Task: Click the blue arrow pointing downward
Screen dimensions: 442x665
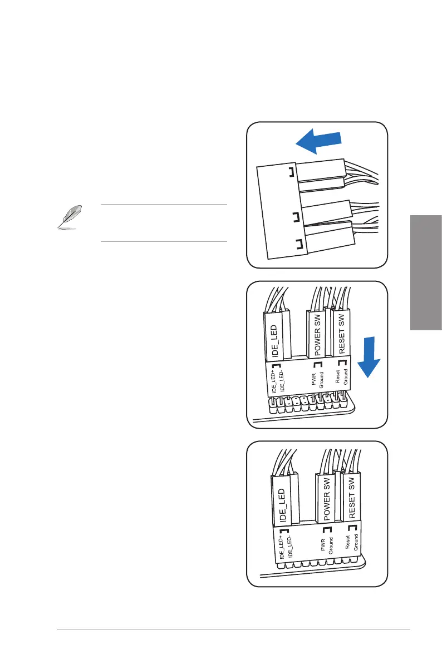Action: coord(368,364)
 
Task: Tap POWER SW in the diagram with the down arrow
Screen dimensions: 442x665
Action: coord(316,335)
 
